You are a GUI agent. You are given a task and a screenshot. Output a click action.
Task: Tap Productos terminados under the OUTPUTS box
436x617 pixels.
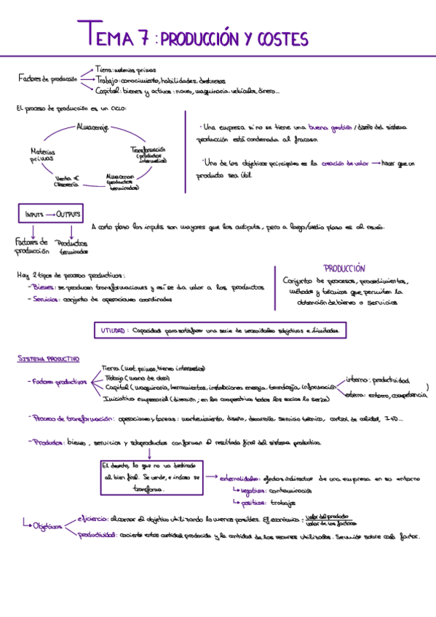point(72,247)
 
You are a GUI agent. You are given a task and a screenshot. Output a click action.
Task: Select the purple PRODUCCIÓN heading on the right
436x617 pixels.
point(344,268)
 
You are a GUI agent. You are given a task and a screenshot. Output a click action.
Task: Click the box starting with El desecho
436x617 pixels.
point(150,476)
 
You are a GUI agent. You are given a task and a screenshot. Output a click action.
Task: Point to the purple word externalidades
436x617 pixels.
point(239,479)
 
